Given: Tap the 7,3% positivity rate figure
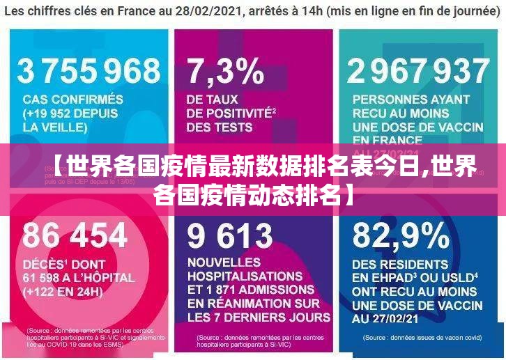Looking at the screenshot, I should (x=225, y=70).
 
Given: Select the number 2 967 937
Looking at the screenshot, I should (x=418, y=70).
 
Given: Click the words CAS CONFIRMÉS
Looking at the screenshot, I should (x=73, y=100).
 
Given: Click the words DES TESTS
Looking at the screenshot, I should (x=220, y=127).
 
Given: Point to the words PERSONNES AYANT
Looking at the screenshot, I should (x=411, y=100).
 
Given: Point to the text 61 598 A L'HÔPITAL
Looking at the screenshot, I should (x=78, y=278).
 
